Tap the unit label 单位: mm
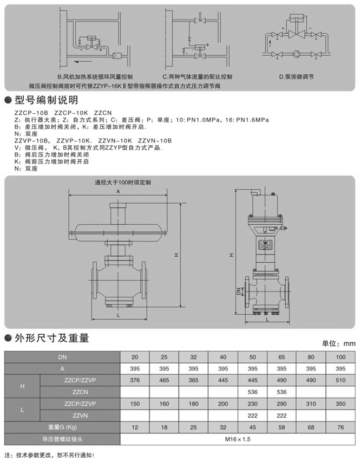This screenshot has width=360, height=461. pos(338,343)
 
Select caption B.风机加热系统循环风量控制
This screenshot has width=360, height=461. pos(95,76)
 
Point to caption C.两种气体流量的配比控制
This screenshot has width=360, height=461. pos(197,76)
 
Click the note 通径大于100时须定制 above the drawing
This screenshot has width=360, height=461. pos(122,183)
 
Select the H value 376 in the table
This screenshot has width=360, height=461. pos(135,380)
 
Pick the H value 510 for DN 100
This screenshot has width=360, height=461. pos(339,380)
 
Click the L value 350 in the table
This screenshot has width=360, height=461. pos(339,404)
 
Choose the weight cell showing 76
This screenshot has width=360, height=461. pos(339,427)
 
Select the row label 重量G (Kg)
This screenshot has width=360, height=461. pos(63,427)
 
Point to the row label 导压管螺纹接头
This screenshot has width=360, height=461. pos(63,439)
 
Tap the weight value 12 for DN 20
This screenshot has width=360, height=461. pos(135,427)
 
